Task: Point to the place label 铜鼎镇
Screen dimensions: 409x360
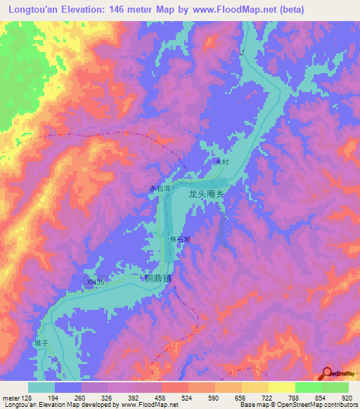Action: (158, 278)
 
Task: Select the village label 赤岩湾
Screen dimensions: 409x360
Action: (159, 188)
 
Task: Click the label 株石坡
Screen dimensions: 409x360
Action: (179, 239)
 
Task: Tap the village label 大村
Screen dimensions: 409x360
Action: (223, 162)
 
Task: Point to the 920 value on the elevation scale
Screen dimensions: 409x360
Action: (348, 397)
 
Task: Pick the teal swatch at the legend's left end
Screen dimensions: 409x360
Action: (41, 387)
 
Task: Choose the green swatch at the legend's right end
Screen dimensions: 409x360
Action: (335, 387)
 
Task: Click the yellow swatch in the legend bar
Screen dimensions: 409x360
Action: (282, 387)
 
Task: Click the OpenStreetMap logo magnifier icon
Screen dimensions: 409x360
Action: (327, 373)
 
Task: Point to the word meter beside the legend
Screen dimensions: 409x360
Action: (11, 397)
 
